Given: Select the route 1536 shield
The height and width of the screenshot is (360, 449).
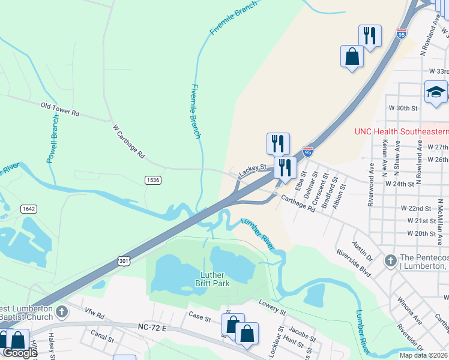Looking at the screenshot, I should pyautogui.click(x=152, y=180).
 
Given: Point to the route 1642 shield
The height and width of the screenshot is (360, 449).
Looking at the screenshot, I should pyautogui.click(x=28, y=209).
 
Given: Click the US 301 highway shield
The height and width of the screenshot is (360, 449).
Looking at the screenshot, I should pyautogui.click(x=124, y=260).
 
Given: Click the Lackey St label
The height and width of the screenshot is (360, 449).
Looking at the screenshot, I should pyautogui.click(x=252, y=172).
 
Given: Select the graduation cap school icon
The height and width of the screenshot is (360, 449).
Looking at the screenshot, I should pyautogui.click(x=436, y=93).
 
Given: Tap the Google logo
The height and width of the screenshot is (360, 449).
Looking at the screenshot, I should pyautogui.click(x=19, y=353).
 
